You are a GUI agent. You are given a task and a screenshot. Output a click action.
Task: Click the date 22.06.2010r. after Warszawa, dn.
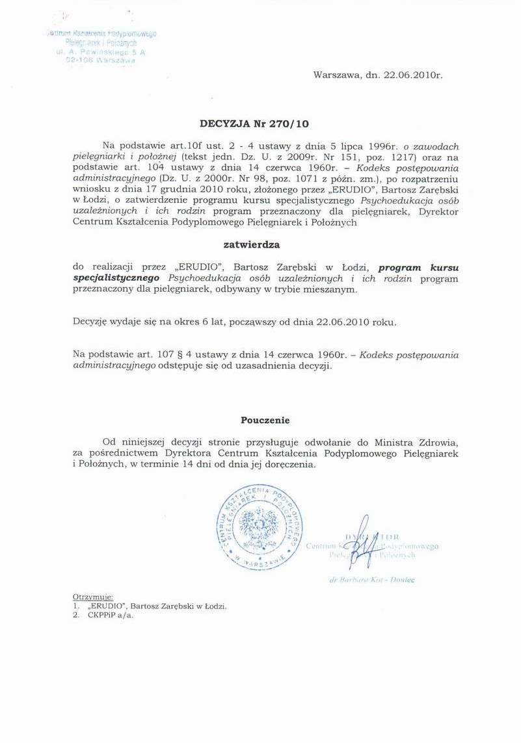tap(413, 75)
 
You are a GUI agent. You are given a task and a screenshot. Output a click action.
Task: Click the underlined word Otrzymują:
tap(93, 596)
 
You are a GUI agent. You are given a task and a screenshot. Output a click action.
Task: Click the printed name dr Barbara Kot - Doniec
tap(373, 579)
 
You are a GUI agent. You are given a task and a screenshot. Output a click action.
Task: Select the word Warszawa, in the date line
tap(338, 75)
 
